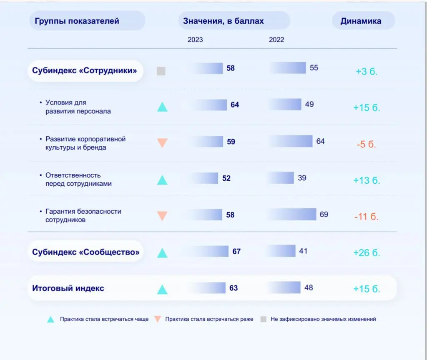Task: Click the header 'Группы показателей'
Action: (77, 21)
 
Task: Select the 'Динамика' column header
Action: (361, 21)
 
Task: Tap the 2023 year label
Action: (195, 40)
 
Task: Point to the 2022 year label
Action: (276, 40)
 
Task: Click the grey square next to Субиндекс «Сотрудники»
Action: (161, 71)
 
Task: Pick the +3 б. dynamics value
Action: (367, 71)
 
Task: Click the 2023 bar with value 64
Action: (208, 105)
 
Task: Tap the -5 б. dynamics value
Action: (367, 145)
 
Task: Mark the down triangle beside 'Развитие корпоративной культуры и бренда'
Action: (162, 143)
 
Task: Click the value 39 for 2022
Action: (302, 178)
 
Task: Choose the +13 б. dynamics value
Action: (367, 180)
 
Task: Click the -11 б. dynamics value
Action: (367, 217)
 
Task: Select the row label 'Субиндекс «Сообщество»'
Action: (86, 252)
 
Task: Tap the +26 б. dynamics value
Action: (367, 253)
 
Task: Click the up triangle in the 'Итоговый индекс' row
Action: (162, 289)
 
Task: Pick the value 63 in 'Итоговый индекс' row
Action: (234, 288)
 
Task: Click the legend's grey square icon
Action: (264, 320)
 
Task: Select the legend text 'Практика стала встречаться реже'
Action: (209, 319)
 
